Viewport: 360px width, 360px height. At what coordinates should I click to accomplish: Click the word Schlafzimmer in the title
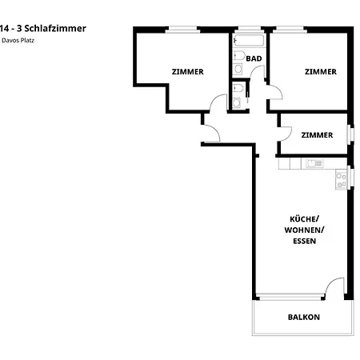(x=56, y=28)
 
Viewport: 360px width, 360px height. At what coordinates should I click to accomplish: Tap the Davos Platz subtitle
(x=22, y=41)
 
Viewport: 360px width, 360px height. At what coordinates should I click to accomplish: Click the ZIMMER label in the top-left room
(x=187, y=71)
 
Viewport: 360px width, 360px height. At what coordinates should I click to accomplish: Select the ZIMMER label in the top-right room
(x=320, y=71)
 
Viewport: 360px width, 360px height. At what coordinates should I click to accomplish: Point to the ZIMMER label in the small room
(x=317, y=135)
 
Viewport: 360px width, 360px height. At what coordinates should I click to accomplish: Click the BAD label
(x=254, y=58)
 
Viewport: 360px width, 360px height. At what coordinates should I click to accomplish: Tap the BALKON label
(x=303, y=317)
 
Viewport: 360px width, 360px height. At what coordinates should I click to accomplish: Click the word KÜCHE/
(x=304, y=219)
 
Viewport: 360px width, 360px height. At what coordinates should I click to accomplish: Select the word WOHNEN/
(x=304, y=230)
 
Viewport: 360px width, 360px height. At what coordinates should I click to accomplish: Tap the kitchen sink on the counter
(x=314, y=164)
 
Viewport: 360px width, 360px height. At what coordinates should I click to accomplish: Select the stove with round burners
(x=341, y=180)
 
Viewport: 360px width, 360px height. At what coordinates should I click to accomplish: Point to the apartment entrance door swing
(x=210, y=134)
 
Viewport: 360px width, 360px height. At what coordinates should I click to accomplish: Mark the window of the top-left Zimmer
(x=182, y=30)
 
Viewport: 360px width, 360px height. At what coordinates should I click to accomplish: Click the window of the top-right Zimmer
(x=288, y=30)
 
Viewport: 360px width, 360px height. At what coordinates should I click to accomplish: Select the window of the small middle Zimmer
(x=349, y=135)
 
